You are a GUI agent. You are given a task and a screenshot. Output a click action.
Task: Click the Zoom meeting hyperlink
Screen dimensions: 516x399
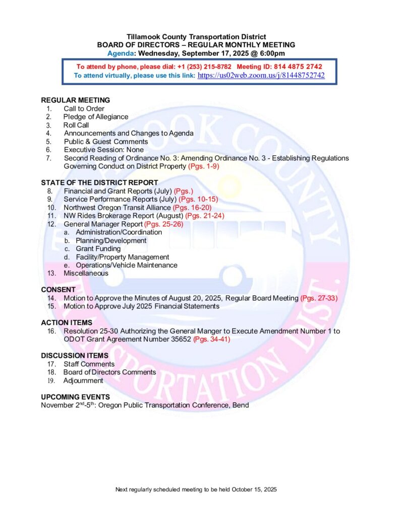261,76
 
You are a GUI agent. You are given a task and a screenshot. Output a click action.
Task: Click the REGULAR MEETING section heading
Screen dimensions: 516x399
75,100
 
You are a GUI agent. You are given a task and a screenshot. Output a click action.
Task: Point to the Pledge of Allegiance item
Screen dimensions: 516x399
95,117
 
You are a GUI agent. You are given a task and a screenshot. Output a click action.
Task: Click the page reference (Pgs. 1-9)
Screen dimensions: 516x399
204,166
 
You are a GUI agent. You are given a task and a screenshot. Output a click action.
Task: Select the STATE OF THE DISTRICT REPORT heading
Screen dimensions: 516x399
99,182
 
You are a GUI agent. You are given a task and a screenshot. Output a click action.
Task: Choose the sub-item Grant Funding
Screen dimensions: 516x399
98,249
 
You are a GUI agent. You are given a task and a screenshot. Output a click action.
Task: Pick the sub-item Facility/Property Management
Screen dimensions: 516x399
116,257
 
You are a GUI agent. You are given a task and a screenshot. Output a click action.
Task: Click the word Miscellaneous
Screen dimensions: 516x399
86,274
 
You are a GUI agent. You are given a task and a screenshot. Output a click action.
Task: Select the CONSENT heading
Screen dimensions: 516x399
58,290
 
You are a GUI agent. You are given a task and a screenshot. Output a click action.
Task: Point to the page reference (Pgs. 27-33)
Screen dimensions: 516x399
319,298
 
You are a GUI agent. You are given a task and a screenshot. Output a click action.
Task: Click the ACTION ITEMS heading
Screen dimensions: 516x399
67,322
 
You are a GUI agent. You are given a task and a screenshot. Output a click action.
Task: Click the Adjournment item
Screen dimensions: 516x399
83,381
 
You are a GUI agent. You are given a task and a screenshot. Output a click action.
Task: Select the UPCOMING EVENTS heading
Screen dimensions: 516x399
75,397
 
